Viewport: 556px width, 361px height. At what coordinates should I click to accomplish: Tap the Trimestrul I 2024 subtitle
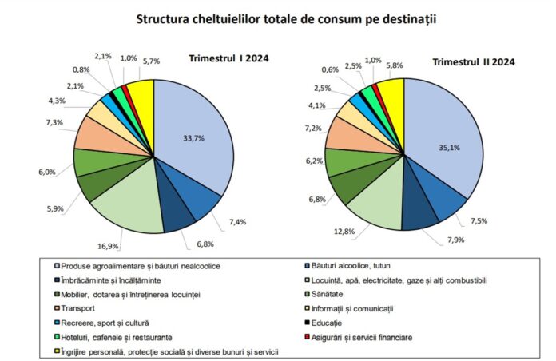tap(228, 58)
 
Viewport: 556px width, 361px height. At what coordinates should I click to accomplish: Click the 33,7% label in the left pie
tap(194, 138)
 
